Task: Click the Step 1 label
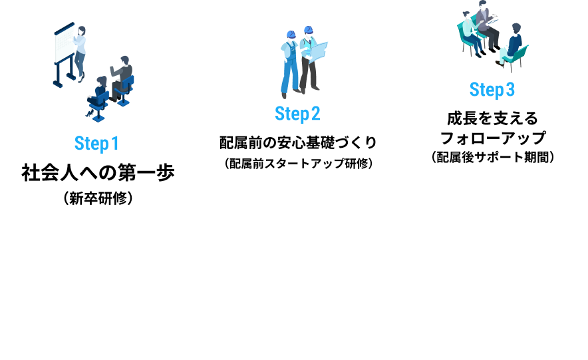[x=96, y=142]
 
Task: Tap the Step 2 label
[x=297, y=114]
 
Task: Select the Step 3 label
[x=492, y=89]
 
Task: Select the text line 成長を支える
[x=492, y=118]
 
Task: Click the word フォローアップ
[x=493, y=138]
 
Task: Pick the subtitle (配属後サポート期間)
[x=493, y=158]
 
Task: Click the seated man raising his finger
[x=122, y=77]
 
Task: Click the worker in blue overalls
[x=291, y=63]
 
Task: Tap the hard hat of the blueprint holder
[x=308, y=30]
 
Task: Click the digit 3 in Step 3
[x=510, y=89]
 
